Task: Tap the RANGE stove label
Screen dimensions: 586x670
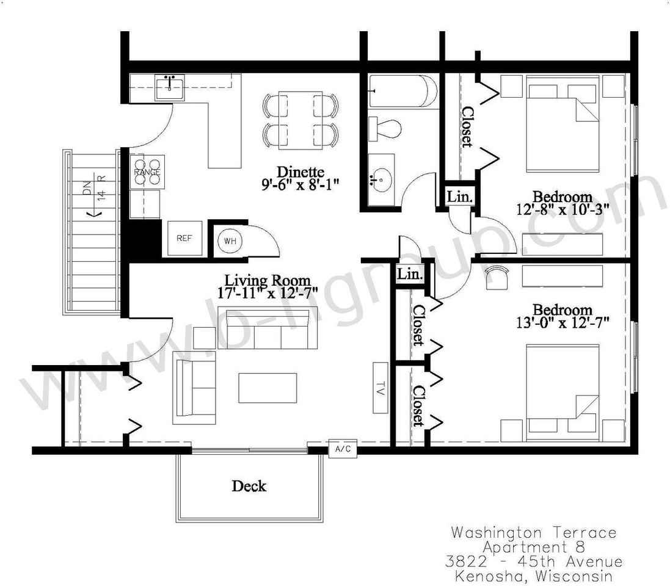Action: (x=147, y=173)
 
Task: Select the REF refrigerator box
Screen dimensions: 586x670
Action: (x=184, y=238)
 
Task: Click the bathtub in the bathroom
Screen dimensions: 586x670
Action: (x=402, y=92)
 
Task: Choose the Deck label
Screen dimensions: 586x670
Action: (x=249, y=487)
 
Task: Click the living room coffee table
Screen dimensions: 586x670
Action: (x=268, y=388)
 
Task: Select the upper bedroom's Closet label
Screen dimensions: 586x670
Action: (x=467, y=127)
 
